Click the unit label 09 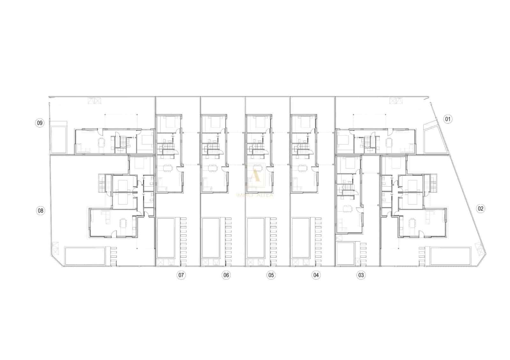(x=40, y=123)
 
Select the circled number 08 (x=40, y=210)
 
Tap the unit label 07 (x=181, y=275)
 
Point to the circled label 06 (x=226, y=275)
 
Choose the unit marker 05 (x=271, y=275)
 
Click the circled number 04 (x=316, y=275)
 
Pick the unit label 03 (x=361, y=275)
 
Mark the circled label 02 (x=480, y=209)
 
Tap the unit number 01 (x=448, y=120)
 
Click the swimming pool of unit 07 (x=166, y=238)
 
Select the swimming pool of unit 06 (x=211, y=238)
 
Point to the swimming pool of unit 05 (x=256, y=238)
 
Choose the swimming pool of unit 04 (x=301, y=238)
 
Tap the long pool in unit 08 (x=85, y=256)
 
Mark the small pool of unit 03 (x=346, y=254)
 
